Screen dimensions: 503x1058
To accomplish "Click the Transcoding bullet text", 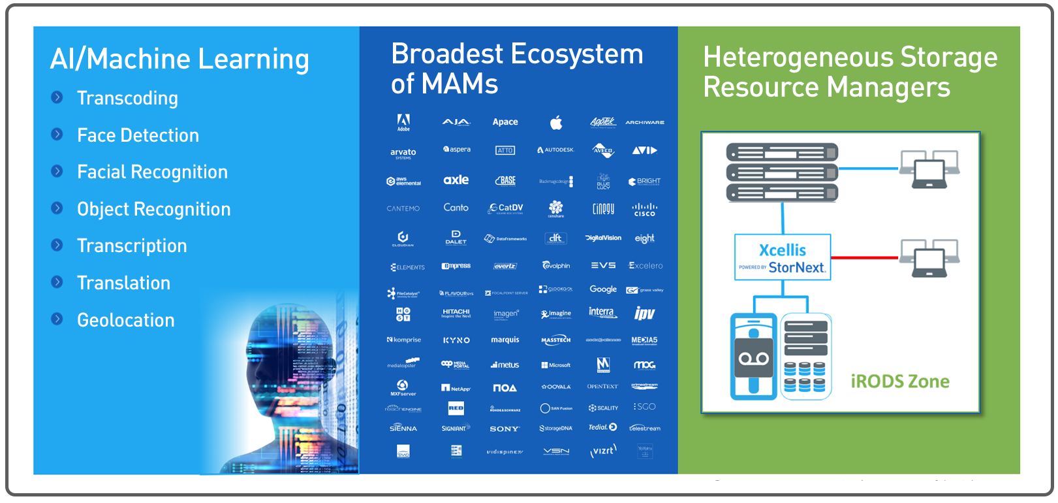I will (127, 98).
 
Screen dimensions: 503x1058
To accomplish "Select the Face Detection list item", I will (138, 135).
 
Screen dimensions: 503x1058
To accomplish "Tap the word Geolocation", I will (126, 320).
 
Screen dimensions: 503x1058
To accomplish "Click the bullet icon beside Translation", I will (57, 282).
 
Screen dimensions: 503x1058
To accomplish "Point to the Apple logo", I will (555, 122).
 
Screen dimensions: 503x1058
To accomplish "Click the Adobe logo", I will (403, 122).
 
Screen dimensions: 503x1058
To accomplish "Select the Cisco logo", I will (644, 210).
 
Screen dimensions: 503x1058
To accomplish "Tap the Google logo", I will (603, 289).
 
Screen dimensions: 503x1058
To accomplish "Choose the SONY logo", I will (505, 429).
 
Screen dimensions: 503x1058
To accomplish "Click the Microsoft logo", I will (556, 365).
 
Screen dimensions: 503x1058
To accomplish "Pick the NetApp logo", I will (456, 388).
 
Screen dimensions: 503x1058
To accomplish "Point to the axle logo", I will (456, 180).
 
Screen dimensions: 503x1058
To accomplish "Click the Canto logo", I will (456, 208).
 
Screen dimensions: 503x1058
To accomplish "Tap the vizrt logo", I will (603, 451).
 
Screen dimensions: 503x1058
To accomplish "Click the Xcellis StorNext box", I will (783, 257).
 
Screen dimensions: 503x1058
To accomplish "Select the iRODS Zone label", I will (900, 381).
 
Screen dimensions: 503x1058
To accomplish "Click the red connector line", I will (864, 257).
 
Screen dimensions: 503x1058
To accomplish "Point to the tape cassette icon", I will (753, 357).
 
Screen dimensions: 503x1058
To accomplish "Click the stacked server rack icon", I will (782, 172).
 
